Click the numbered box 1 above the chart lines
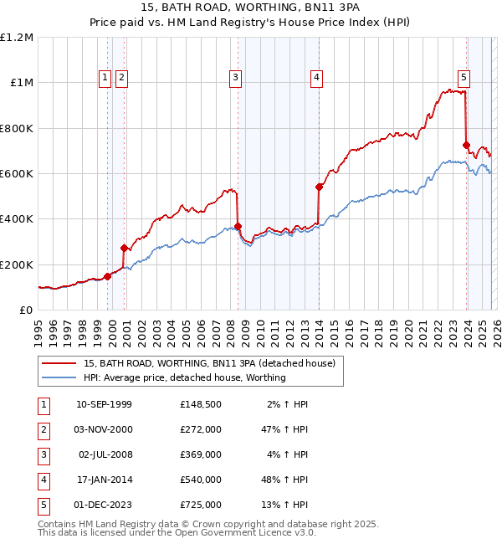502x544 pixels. tap(105, 78)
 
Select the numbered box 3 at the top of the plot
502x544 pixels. tap(235, 78)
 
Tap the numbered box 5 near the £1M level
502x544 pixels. tap(464, 78)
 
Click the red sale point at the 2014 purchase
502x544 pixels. tap(319, 187)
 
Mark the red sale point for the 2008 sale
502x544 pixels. tap(238, 226)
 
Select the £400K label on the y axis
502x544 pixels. tap(18, 219)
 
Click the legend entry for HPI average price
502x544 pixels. tap(184, 377)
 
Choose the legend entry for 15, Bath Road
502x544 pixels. tap(209, 363)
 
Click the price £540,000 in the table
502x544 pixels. tap(201, 480)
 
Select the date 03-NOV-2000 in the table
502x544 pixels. tap(105, 429)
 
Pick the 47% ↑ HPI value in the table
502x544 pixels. tap(285, 429)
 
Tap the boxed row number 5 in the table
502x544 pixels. tap(44, 506)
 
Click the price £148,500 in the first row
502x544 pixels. tap(201, 404)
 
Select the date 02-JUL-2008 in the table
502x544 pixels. tap(105, 455)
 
